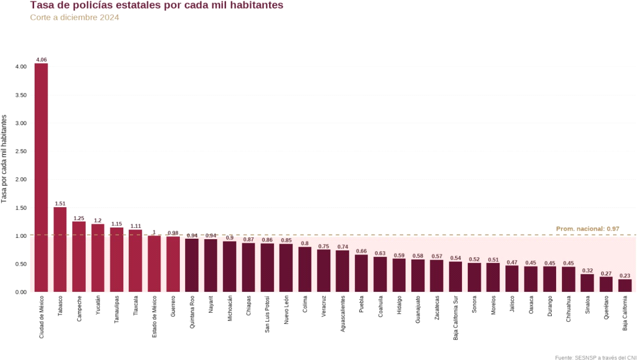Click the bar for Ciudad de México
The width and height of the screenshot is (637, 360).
tap(41, 178)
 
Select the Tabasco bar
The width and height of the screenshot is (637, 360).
tap(60, 249)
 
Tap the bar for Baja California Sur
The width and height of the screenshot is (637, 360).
tap(455, 277)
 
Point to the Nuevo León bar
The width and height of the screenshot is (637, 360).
tap(286, 268)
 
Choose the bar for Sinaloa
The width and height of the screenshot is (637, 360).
tap(587, 283)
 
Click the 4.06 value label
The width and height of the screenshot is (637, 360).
tap(41, 60)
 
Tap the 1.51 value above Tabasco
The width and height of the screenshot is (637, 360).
tap(60, 204)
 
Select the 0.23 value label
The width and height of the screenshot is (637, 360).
tap(625, 276)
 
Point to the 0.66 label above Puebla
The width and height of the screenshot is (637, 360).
tap(361, 251)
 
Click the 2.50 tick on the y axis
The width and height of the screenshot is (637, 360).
tap(20, 152)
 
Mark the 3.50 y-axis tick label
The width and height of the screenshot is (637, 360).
tap(20, 95)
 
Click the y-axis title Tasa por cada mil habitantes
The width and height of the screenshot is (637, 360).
tap(4, 159)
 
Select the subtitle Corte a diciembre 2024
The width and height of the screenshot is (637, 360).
tap(75, 18)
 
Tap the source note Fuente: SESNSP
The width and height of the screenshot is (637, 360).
tap(596, 358)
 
